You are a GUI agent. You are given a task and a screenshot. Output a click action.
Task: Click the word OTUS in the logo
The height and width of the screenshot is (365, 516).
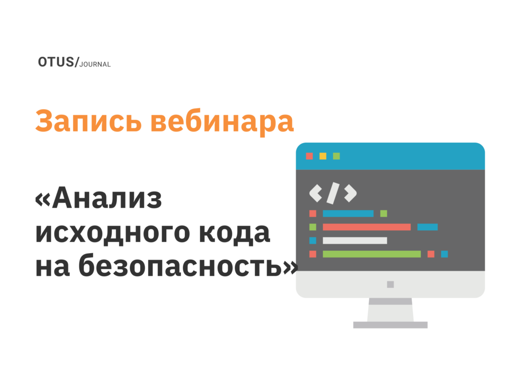click(55, 62)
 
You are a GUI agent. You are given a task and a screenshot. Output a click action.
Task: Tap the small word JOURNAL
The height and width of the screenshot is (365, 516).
click(95, 65)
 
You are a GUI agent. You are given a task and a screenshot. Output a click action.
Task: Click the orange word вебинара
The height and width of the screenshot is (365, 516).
click(222, 121)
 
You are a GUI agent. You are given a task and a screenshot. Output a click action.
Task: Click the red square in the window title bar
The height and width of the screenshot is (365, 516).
click(309, 156)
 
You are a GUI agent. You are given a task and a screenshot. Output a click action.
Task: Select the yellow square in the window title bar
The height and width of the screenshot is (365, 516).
click(323, 156)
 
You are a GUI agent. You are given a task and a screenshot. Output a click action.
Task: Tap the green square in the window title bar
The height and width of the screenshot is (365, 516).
click(337, 156)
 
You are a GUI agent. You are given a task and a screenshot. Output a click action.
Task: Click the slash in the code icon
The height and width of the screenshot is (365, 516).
click(333, 192)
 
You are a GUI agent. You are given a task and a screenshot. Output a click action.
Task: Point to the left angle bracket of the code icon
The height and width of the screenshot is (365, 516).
click(315, 192)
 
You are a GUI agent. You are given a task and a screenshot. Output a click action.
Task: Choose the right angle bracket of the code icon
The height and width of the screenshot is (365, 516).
click(350, 192)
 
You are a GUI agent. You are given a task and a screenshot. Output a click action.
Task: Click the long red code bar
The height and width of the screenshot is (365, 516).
click(366, 227)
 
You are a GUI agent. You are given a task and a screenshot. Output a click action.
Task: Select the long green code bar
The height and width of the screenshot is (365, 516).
click(371, 254)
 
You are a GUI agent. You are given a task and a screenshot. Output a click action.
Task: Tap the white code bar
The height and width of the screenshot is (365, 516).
click(355, 240)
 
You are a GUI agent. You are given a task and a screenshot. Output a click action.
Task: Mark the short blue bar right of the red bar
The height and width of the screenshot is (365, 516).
click(427, 227)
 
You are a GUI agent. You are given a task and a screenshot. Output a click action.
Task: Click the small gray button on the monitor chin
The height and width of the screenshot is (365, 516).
click(390, 284)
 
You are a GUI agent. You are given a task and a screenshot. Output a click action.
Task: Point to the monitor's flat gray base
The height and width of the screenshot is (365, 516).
click(390, 325)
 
